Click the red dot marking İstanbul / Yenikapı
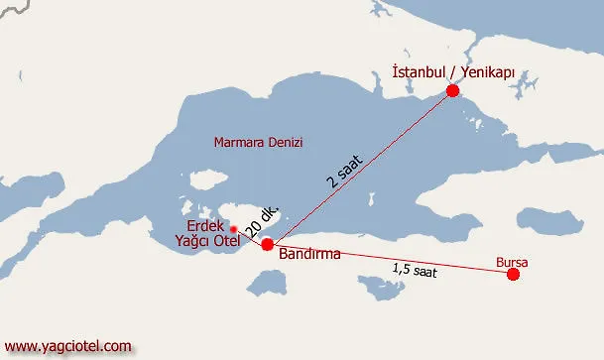452,90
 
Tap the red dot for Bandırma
267,244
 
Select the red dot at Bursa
513,275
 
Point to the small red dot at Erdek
233,229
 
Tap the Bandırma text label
309,254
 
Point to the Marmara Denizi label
258,143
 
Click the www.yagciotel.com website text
68,346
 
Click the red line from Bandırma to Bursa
397,261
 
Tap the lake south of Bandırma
265,283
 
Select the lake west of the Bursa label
380,289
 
